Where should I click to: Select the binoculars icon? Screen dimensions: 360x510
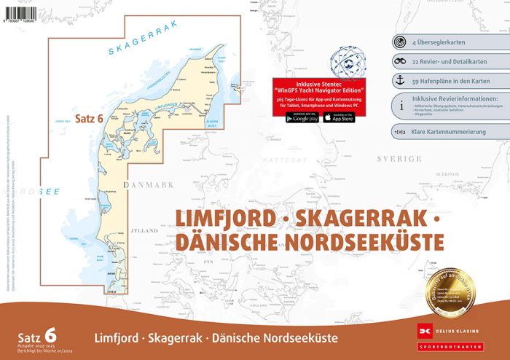point(399,62)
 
